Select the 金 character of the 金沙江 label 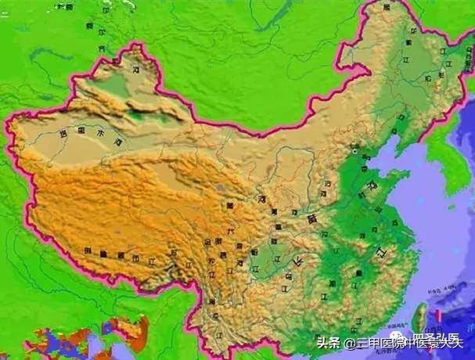click(207, 243)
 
